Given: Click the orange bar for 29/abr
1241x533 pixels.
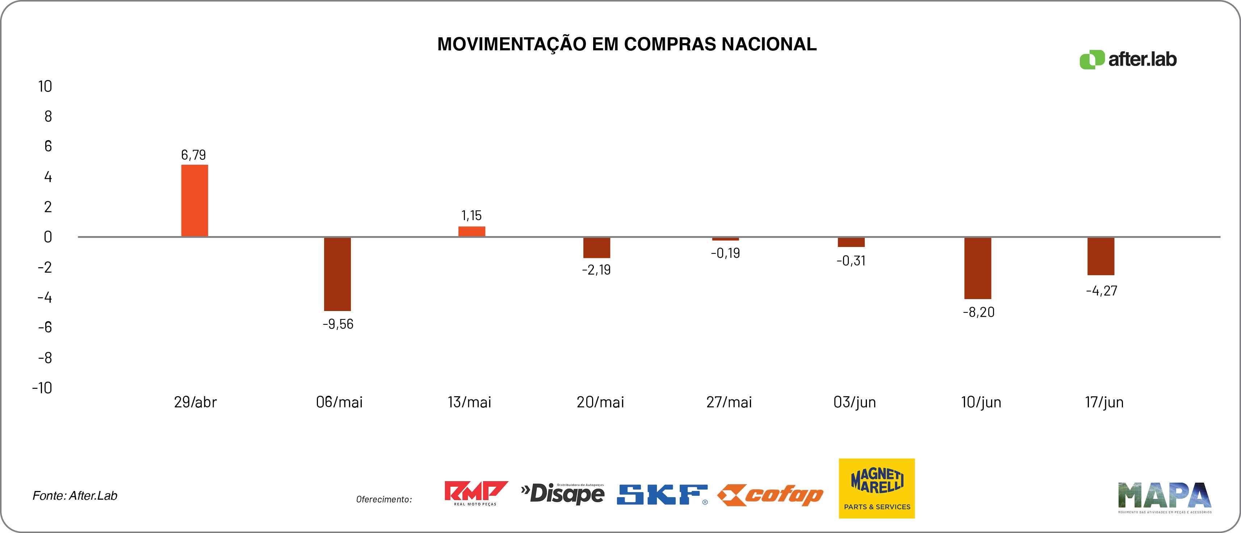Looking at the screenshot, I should pos(194,201).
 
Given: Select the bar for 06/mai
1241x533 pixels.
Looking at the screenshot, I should pos(337,274).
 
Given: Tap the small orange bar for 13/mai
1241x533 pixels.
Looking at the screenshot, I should pos(471,231).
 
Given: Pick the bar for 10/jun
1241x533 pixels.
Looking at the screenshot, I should pos(977,268).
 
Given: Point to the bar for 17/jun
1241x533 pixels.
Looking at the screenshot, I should pos(1101,256).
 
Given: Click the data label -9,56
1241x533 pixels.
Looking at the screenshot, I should pos(338,324).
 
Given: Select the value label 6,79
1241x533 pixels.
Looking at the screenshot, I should pos(193,155).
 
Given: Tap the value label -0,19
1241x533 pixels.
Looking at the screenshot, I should pos(725,253).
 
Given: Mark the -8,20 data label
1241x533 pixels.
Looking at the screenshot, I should pos(978,312).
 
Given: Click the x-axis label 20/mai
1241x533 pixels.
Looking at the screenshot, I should pos(600,402).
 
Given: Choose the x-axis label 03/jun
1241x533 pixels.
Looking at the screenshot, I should pos(855,402).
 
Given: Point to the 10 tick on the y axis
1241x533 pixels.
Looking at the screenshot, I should pos(45,86).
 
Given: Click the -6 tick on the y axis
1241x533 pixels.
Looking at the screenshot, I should pos(45,327).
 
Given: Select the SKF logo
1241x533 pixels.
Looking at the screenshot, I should pos(662,495).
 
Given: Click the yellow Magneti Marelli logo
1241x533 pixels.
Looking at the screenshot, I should pos(876,488).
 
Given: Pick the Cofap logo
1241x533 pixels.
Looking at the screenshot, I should pos(770,495).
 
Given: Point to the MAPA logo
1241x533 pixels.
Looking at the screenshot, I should pos(1164,496).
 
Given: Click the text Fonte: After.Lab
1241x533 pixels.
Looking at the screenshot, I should pos(75,495).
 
